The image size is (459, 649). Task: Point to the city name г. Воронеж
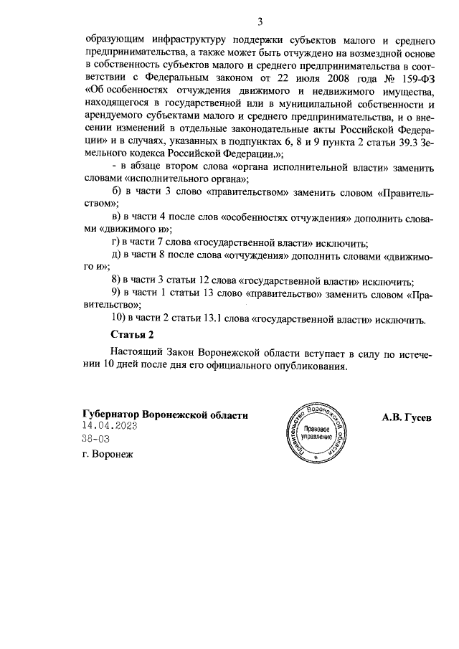pos(108,453)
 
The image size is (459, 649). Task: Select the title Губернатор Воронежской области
pos(165,414)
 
